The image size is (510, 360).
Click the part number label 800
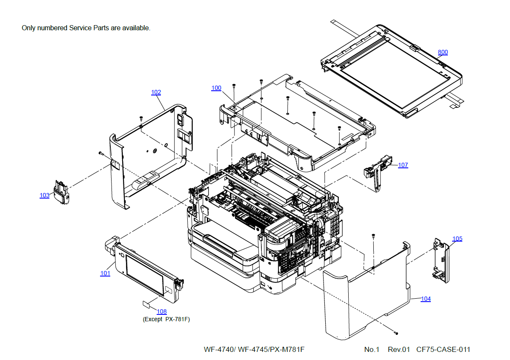(x=443, y=52)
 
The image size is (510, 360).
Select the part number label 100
(x=216, y=88)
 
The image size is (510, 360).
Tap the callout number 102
(x=156, y=92)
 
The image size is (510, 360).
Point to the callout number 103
(x=44, y=196)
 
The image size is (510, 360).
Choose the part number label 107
(x=403, y=165)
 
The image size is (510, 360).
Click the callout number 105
(x=457, y=239)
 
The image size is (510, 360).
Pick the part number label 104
(x=425, y=299)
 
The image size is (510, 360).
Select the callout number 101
(x=105, y=273)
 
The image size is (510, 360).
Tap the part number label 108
(x=162, y=311)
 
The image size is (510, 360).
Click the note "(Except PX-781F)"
(x=166, y=319)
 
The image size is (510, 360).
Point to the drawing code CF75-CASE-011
(x=443, y=349)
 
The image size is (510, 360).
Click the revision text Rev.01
(x=398, y=349)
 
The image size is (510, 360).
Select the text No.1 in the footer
(x=371, y=349)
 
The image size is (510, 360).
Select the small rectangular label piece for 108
(x=146, y=304)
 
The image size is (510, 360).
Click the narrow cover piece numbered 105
(x=441, y=260)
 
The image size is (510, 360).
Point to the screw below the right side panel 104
(x=396, y=332)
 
